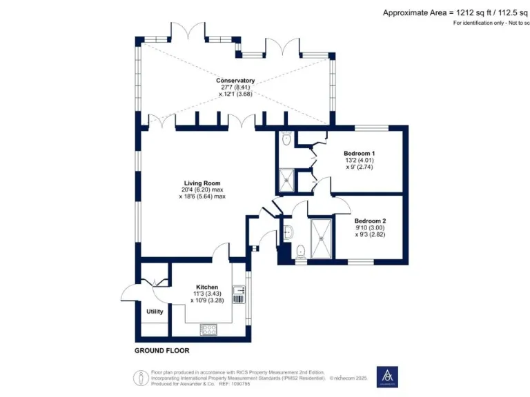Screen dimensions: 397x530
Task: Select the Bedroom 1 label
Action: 360,153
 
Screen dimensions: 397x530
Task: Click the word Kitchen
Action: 207,287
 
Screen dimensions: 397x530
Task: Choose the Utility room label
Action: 155,312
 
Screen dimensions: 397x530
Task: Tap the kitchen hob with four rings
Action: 207,329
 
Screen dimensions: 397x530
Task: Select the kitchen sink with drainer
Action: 238,295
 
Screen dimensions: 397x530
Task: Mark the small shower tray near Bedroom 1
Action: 286,181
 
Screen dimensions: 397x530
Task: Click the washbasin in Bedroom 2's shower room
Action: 288,230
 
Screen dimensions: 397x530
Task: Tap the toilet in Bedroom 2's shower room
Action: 300,252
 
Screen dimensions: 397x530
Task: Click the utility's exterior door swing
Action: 131,293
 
